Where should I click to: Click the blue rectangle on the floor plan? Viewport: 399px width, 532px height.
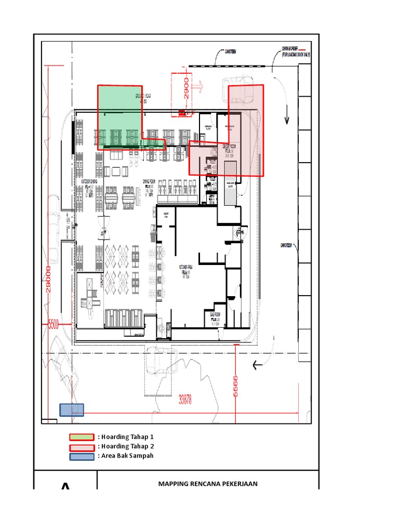[x=71, y=410]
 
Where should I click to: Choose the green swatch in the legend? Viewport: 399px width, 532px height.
[x=83, y=437]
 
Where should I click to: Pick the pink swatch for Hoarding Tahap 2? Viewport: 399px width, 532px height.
[x=83, y=447]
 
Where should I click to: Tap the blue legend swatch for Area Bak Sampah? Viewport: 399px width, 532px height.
[x=83, y=456]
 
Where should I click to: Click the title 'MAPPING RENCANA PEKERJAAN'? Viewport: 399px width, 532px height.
[x=207, y=484]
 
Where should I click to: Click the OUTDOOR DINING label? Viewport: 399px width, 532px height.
[x=89, y=182]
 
